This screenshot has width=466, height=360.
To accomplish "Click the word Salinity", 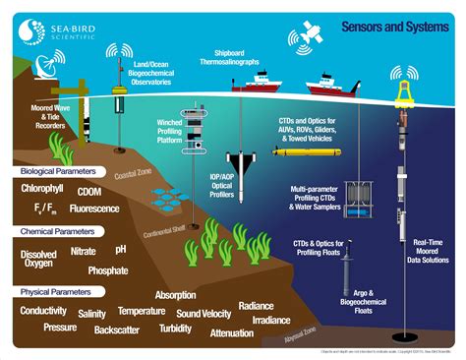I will click(92, 313).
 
